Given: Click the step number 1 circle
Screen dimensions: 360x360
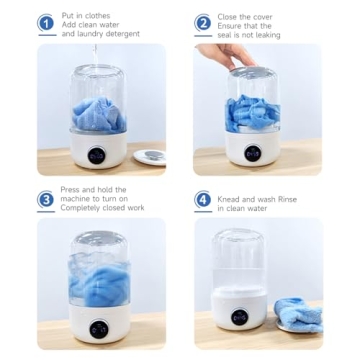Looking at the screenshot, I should click(47, 22).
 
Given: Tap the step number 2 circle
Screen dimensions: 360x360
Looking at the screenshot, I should click(203, 22).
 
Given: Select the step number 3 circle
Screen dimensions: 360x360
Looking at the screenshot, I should click(47, 199).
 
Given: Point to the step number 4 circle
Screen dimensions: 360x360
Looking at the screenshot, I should click(203, 199).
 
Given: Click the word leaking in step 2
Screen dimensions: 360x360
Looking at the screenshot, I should click(264, 34).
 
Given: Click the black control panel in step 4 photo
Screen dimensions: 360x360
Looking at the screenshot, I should click(241, 318).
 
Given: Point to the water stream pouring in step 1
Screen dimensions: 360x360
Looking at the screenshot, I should click(95, 55).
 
